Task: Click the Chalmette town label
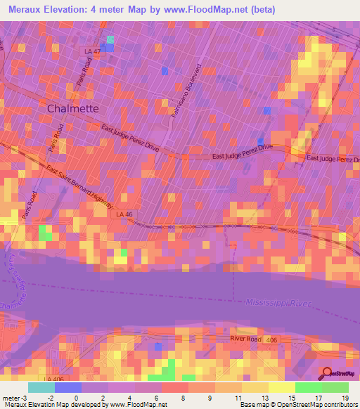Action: [72, 109]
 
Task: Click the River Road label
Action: [246, 339]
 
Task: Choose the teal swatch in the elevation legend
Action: [41, 387]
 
